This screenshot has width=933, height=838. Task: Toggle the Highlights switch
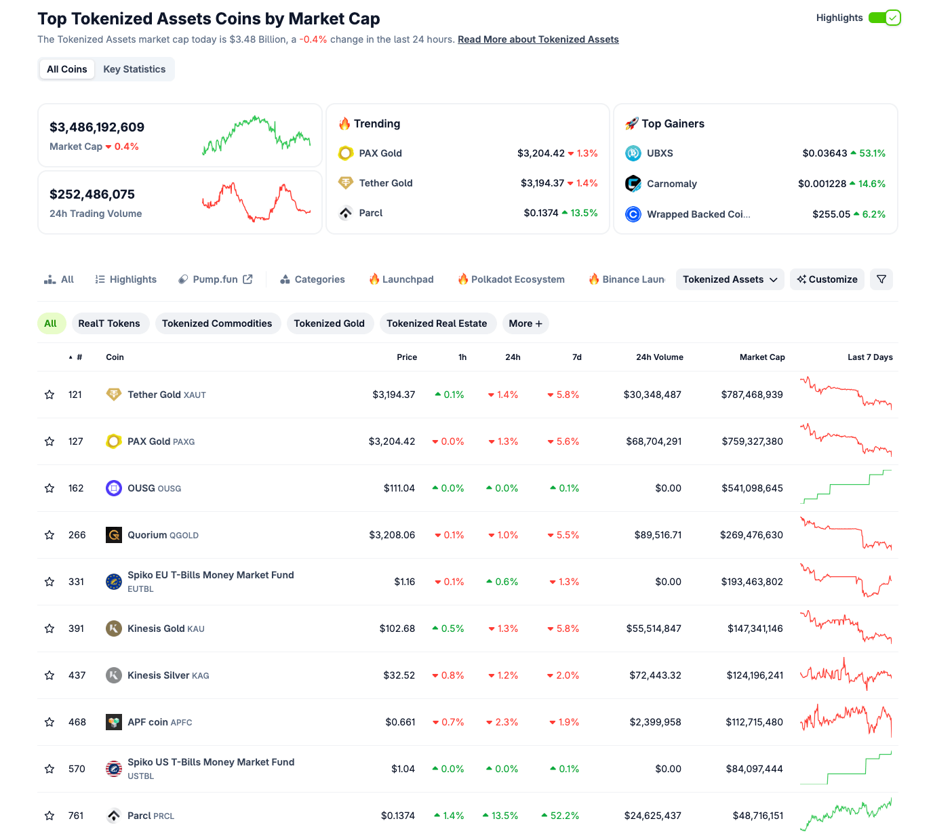(884, 18)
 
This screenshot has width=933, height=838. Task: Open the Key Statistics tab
(134, 69)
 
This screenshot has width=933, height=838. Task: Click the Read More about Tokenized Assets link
(538, 39)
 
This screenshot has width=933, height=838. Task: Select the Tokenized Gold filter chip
(329, 323)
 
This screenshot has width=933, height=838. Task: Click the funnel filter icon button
(881, 279)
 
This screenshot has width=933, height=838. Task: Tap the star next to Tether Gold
(49, 395)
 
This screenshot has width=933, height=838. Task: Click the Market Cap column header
(761, 357)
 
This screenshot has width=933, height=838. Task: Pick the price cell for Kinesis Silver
(399, 675)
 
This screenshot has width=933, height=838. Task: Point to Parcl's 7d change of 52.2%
(564, 816)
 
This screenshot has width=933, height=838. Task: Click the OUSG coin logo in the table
(114, 488)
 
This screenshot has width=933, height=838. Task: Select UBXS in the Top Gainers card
(659, 153)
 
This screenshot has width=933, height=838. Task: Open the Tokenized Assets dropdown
(730, 279)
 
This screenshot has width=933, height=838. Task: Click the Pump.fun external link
(215, 279)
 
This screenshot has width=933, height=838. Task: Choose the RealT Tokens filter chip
(109, 323)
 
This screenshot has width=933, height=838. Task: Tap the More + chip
(525, 323)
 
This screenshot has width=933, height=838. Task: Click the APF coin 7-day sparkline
(846, 722)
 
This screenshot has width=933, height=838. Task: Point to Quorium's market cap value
(751, 535)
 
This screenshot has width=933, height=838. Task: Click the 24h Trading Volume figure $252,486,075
(92, 195)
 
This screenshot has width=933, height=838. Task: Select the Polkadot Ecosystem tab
(511, 279)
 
